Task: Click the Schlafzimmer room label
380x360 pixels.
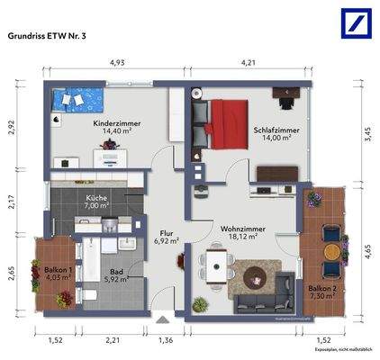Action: point(276,131)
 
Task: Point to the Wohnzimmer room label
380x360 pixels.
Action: point(242,229)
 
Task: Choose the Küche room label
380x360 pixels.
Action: point(97,199)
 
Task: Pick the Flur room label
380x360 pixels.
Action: point(166,231)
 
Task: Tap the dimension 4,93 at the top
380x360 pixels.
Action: point(117,64)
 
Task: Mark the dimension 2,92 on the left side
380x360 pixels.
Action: point(13,128)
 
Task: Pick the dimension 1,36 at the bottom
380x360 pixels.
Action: point(166,339)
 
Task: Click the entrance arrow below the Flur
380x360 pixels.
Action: point(162,318)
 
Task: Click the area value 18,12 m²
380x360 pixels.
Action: point(241,238)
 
